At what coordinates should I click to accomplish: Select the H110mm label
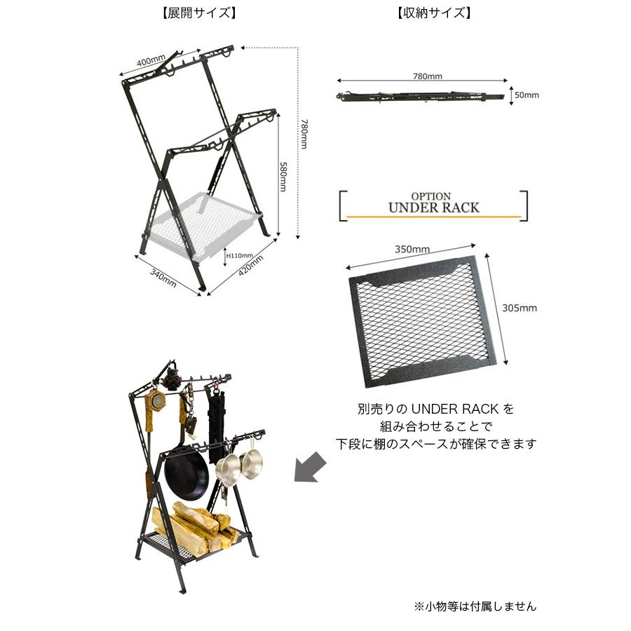[240, 255]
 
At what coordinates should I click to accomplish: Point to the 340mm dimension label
[163, 278]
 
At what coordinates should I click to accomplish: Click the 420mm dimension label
[251, 265]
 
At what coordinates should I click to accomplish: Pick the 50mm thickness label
[527, 95]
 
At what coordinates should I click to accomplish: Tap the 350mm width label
[412, 249]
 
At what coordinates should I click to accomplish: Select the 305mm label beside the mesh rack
[519, 308]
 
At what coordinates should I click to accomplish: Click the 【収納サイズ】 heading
[433, 13]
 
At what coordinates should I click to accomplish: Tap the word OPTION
[431, 196]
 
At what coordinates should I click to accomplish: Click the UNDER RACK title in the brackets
[434, 208]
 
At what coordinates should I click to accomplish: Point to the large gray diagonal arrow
[310, 467]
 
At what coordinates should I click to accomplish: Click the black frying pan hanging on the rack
[186, 472]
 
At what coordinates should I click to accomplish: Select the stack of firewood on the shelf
[195, 526]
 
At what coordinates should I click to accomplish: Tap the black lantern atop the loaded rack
[174, 377]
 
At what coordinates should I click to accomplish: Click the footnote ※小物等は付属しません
[475, 606]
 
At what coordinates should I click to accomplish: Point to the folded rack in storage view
[420, 97]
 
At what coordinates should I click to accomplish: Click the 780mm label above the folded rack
[428, 76]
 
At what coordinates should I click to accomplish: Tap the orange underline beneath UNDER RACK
[434, 217]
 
